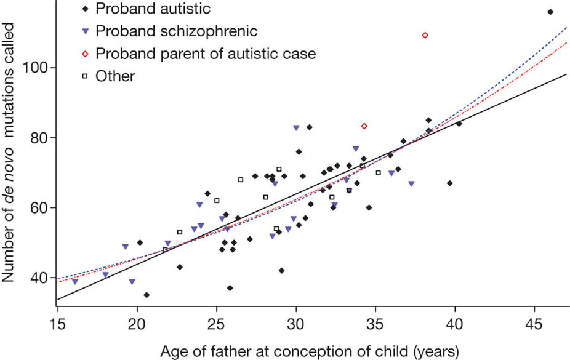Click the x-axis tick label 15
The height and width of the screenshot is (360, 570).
(57, 324)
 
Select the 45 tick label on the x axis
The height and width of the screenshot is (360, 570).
(534, 324)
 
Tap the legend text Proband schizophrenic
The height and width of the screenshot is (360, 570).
(176, 31)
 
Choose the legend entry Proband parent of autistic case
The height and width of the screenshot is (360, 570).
(206, 54)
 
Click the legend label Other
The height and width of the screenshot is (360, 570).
(115, 76)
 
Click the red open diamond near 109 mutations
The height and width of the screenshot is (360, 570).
(425, 35)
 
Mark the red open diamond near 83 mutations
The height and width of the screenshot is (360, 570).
(364, 126)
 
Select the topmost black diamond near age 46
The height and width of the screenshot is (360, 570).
(550, 12)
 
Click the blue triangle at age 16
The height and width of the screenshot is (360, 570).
(75, 281)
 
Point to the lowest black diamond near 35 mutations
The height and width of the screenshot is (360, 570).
(147, 295)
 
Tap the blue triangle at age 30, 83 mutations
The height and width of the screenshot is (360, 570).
(296, 127)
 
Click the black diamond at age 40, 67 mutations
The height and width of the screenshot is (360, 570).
(450, 183)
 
